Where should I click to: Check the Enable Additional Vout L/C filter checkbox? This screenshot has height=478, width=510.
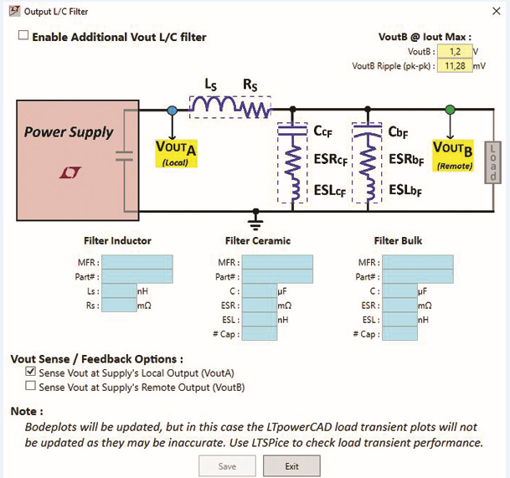tap(23, 36)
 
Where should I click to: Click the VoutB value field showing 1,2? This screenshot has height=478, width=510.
tap(453, 52)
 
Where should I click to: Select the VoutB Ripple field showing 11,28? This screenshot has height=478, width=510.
tap(453, 65)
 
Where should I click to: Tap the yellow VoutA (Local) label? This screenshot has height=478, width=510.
tap(177, 152)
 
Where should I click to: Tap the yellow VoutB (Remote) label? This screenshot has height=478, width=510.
tap(453, 153)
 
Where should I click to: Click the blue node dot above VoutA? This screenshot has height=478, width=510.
tap(172, 110)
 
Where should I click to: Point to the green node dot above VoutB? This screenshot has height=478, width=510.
tap(451, 110)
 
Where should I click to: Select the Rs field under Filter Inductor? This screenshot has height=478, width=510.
tap(118, 306)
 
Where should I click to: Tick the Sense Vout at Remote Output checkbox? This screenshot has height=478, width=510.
tap(31, 387)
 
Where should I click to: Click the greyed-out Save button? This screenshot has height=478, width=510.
tap(227, 465)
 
